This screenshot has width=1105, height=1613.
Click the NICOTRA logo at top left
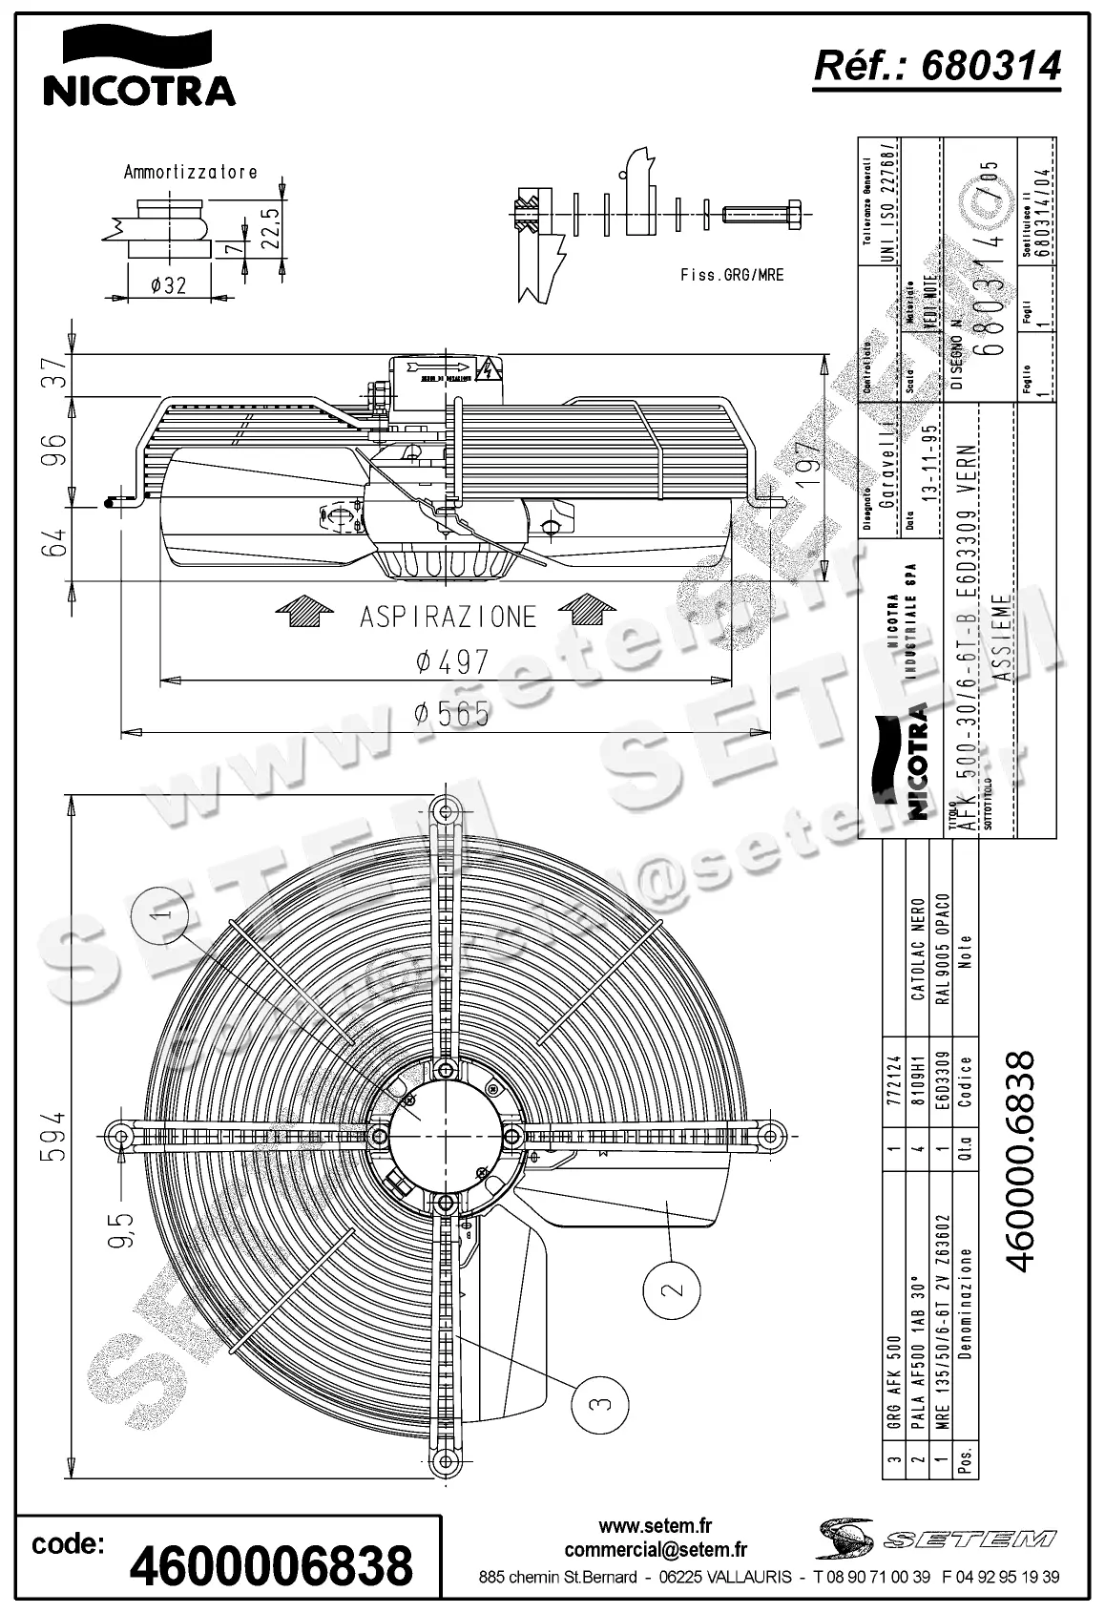[x=138, y=67]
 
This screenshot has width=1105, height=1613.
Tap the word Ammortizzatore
[x=190, y=173]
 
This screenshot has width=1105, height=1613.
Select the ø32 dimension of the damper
[x=168, y=284]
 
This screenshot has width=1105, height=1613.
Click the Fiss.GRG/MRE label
[x=732, y=275]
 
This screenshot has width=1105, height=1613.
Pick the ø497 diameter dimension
[x=452, y=661]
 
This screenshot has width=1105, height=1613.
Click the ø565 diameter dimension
[x=452, y=714]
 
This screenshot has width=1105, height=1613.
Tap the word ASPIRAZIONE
[x=448, y=618]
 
